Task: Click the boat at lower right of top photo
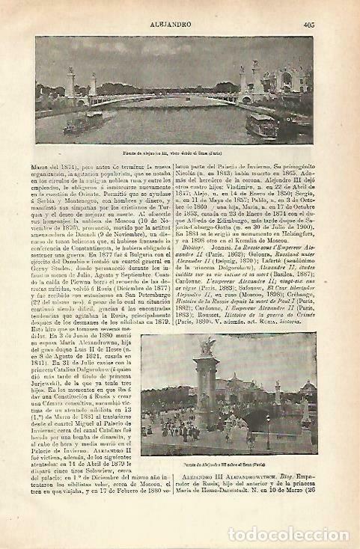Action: coord(261,125)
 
